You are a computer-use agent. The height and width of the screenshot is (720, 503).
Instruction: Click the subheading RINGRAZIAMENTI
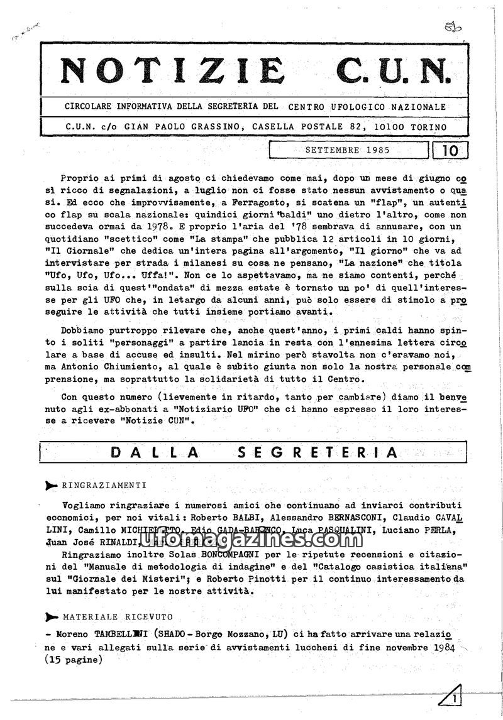tap(104, 485)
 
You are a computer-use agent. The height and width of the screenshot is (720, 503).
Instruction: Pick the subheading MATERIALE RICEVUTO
tap(118, 617)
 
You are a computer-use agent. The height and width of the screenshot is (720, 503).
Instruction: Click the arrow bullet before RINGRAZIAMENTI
tap(53, 485)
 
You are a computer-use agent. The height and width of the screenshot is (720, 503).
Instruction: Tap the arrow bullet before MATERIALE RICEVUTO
tap(53, 617)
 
